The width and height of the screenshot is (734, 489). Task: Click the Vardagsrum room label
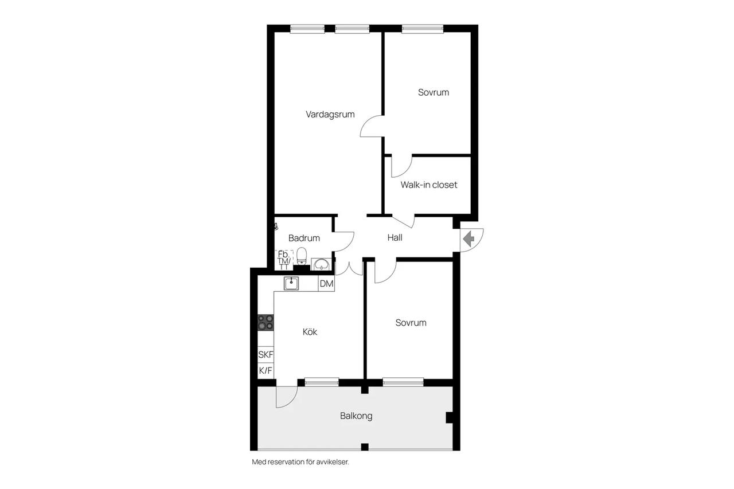point(330,114)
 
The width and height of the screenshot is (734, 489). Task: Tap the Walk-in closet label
point(428,185)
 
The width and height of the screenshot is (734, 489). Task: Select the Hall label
point(395,237)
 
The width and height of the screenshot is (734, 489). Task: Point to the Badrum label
point(304,238)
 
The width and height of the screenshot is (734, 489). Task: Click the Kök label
point(310,332)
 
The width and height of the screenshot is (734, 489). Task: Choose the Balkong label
point(356,416)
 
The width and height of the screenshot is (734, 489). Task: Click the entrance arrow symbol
point(469,238)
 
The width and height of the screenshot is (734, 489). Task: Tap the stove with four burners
point(266,322)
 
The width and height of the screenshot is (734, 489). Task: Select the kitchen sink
point(291,283)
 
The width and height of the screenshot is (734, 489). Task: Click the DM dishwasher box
point(326,283)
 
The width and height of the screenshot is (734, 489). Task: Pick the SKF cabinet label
point(266,354)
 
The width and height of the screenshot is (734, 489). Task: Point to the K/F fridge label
point(266,370)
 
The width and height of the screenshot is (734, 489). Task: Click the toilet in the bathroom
point(302,256)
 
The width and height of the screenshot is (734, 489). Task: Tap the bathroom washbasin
point(321,264)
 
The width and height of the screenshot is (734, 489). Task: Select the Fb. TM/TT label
point(284,260)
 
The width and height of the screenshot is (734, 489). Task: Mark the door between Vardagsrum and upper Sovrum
point(371,126)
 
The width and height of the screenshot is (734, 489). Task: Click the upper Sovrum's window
point(423,29)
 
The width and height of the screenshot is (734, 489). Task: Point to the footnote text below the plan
point(300,462)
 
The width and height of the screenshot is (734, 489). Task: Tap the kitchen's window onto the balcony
point(322,382)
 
